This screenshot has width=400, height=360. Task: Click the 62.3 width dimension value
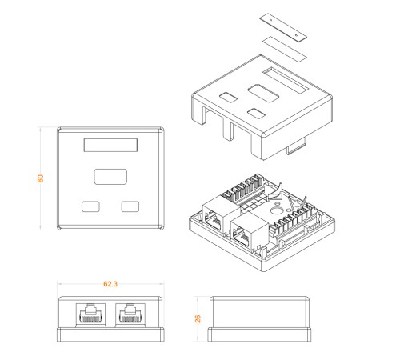[110, 284]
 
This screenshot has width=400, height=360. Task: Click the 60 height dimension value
[40, 178]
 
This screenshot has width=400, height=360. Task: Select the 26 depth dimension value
[198, 318]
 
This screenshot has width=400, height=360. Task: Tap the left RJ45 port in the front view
[90, 315]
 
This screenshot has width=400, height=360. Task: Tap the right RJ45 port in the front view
[130, 315]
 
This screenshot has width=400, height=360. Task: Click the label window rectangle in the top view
[110, 145]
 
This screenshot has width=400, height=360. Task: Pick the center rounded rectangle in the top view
[110, 177]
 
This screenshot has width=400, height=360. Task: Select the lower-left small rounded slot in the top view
[90, 206]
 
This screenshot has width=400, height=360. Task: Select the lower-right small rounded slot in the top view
[130, 206]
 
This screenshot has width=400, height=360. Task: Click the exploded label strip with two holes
[284, 27]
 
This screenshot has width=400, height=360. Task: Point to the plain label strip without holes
[285, 49]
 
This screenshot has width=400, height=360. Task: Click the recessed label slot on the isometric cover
[286, 80]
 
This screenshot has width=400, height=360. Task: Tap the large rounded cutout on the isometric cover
[263, 93]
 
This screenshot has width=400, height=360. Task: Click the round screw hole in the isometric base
[275, 210]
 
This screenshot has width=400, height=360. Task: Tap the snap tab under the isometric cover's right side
[296, 149]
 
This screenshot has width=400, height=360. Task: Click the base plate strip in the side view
[259, 334]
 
